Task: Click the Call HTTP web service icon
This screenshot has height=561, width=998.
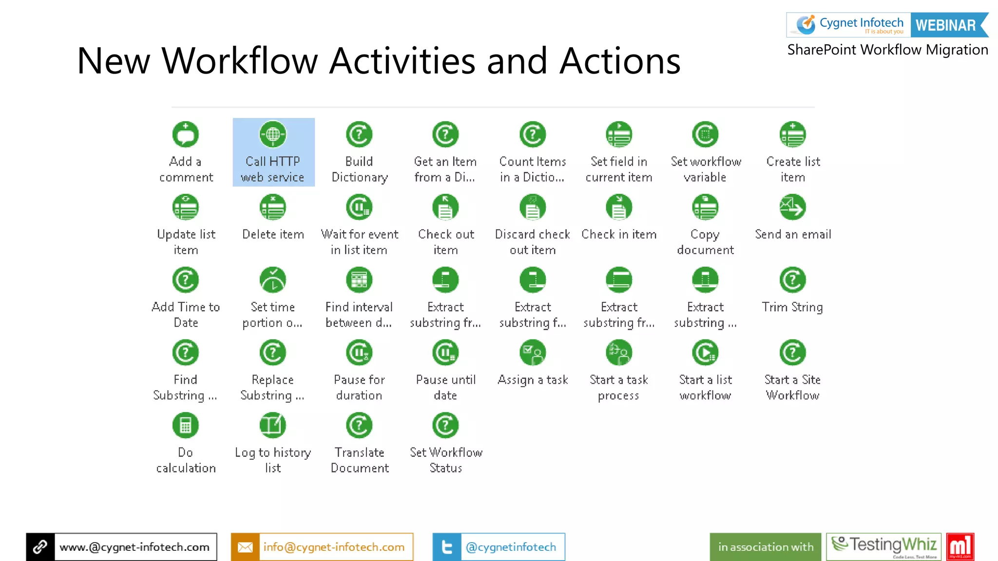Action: (x=273, y=134)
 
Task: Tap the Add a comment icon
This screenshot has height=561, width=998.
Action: (x=186, y=134)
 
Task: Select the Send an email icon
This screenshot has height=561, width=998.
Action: (x=793, y=207)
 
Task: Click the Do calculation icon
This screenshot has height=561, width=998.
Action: (x=186, y=426)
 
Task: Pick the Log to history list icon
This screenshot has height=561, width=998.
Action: (x=273, y=426)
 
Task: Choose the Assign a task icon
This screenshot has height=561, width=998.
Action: (x=533, y=353)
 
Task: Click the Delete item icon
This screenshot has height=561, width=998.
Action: (x=273, y=207)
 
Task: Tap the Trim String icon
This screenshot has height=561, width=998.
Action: (x=793, y=280)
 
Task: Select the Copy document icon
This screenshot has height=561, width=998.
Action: (x=705, y=207)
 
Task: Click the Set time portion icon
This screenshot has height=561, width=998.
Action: (x=273, y=280)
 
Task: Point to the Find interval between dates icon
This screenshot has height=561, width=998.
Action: (x=359, y=280)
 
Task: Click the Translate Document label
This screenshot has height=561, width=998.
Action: (x=360, y=460)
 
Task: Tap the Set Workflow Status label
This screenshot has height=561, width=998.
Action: (x=446, y=460)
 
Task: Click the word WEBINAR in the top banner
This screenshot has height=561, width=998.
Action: (x=945, y=25)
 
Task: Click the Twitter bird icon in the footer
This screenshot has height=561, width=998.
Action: (x=447, y=547)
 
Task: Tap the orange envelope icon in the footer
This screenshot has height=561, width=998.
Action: (x=245, y=547)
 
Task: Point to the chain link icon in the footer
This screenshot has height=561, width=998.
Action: (x=40, y=547)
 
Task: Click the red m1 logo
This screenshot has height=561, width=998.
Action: (x=960, y=546)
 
